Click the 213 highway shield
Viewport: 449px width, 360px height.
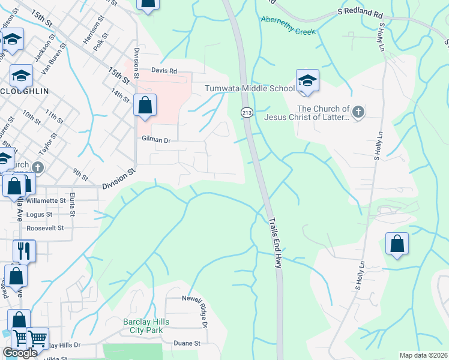[x=246, y=112]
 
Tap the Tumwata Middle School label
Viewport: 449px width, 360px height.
[x=250, y=88]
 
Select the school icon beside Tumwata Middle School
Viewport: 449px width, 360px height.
[x=307, y=81]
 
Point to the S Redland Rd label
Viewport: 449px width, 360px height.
[x=360, y=12]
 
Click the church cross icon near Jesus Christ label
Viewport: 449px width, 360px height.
[x=358, y=112]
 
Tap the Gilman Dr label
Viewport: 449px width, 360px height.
[x=157, y=139]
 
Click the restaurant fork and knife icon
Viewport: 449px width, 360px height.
[x=24, y=251]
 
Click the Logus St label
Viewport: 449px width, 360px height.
[x=40, y=214]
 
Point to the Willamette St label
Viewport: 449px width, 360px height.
[x=46, y=200]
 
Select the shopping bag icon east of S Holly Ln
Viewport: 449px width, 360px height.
[x=397, y=244]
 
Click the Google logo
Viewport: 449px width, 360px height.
[x=20, y=353]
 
